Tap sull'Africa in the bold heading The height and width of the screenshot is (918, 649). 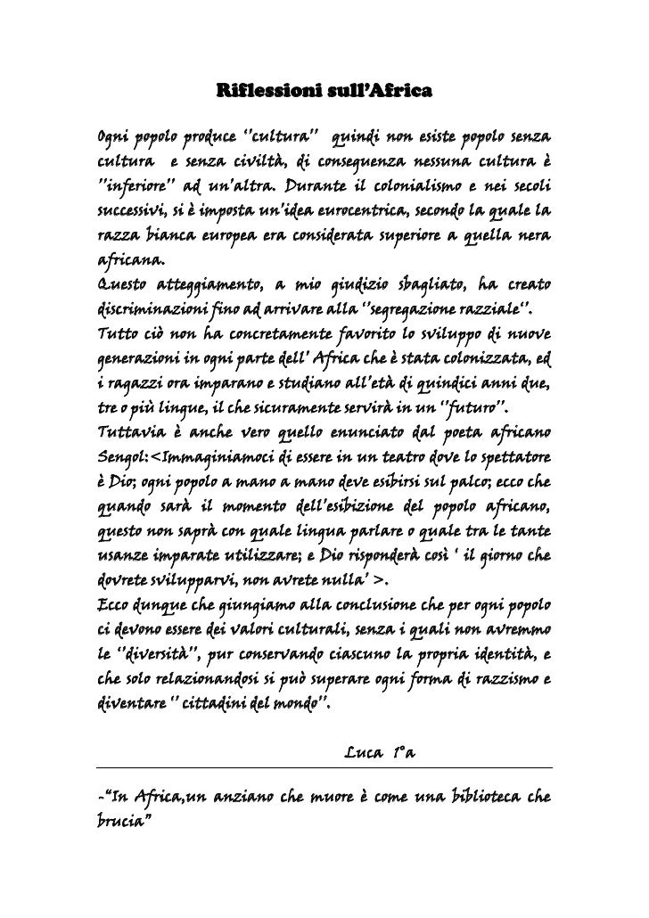pyautogui.click(x=382, y=91)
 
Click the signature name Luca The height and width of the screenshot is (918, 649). pyautogui.click(x=359, y=758)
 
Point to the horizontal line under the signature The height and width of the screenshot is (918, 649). pyautogui.click(x=324, y=769)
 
